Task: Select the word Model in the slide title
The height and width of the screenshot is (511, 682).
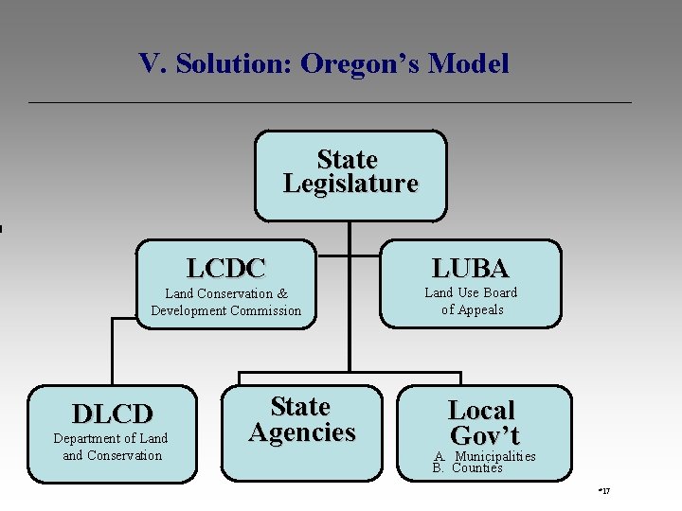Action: tap(469, 64)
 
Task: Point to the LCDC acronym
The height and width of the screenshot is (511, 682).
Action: tap(225, 268)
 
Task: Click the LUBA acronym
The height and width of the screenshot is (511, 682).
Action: tap(471, 268)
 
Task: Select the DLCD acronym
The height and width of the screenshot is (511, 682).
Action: tap(112, 414)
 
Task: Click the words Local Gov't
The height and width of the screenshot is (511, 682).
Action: tap(483, 423)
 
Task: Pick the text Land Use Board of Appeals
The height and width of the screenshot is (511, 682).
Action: tap(471, 301)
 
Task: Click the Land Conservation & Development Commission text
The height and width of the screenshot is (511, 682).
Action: tap(225, 302)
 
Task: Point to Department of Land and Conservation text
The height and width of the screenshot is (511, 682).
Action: tap(111, 447)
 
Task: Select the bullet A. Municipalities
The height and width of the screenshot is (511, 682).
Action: tap(485, 456)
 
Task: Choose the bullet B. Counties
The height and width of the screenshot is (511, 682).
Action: tap(468, 467)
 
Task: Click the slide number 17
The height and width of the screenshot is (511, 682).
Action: tap(604, 491)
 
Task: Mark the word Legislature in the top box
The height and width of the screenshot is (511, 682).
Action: tap(350, 184)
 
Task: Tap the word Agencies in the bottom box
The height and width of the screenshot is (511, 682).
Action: tap(301, 432)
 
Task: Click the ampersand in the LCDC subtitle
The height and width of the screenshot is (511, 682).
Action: tap(282, 293)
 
